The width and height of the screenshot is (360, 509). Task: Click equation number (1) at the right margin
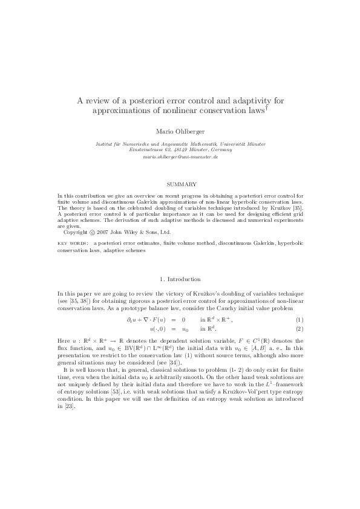point(299,319)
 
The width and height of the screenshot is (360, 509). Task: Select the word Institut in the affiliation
point(106,143)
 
